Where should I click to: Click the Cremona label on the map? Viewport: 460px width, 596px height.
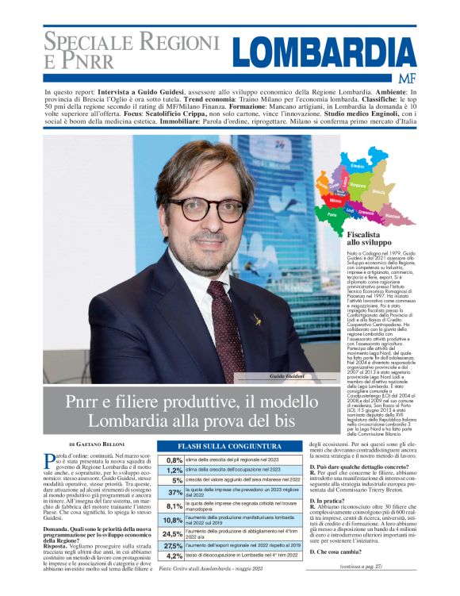tap(388, 213)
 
